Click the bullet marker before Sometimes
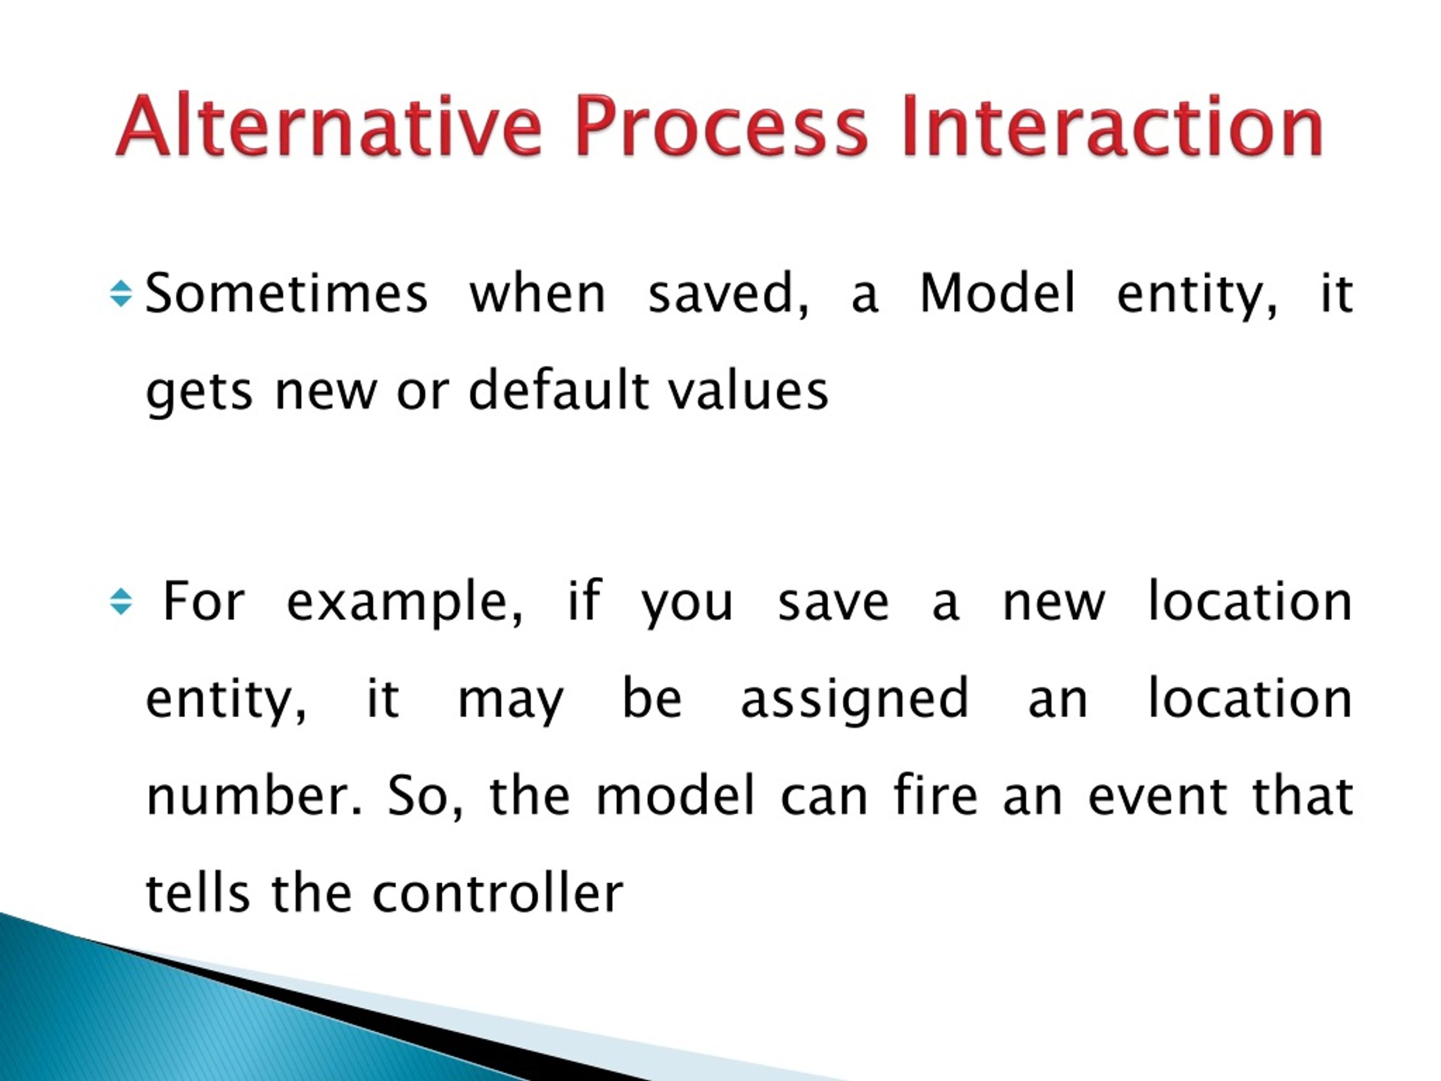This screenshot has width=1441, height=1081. (121, 294)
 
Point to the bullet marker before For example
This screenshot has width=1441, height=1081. (121, 601)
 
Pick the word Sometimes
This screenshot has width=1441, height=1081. (287, 294)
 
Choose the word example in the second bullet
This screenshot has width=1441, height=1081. (405, 604)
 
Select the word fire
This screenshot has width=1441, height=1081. (936, 795)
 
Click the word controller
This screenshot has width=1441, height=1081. (498, 893)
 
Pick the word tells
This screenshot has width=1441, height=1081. (198, 893)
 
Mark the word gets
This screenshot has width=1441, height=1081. (199, 393)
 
